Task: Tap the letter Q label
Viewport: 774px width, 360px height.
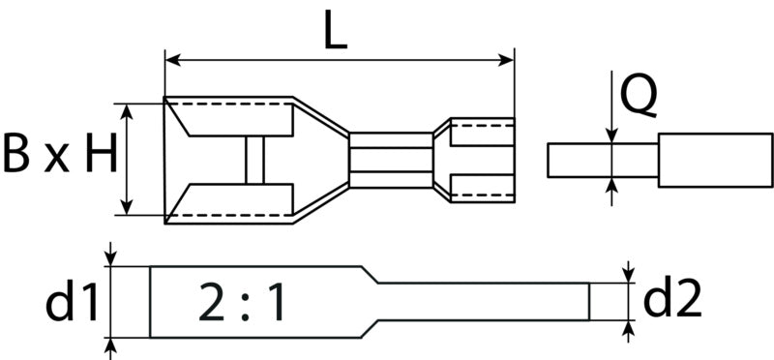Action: point(639,98)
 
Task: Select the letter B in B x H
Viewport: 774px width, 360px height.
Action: point(16,153)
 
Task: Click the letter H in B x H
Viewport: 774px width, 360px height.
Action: point(102,153)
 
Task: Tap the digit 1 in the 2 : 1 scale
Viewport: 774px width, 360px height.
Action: point(275,302)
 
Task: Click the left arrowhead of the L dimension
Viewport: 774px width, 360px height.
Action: point(172,60)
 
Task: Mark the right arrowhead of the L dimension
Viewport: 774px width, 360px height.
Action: point(506,60)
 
